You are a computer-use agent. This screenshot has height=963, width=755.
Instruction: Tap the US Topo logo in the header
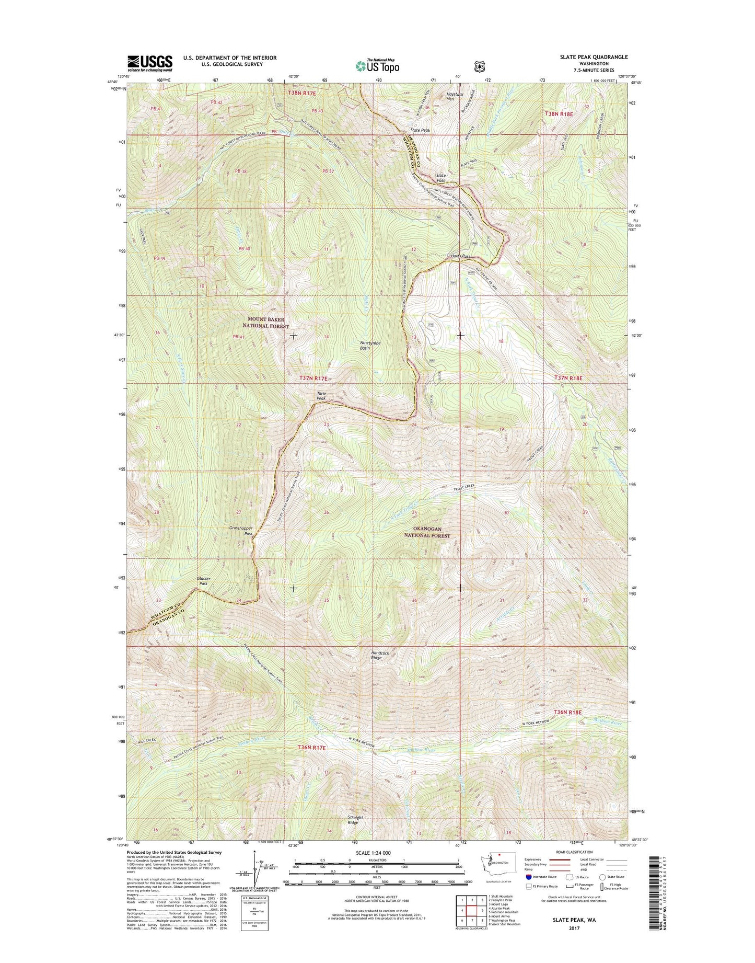click(x=377, y=66)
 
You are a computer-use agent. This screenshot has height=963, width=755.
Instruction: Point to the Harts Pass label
click(x=461, y=256)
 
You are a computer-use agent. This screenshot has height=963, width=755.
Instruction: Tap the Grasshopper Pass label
click(x=241, y=531)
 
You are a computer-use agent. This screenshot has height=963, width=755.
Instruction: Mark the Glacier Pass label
click(x=203, y=580)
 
